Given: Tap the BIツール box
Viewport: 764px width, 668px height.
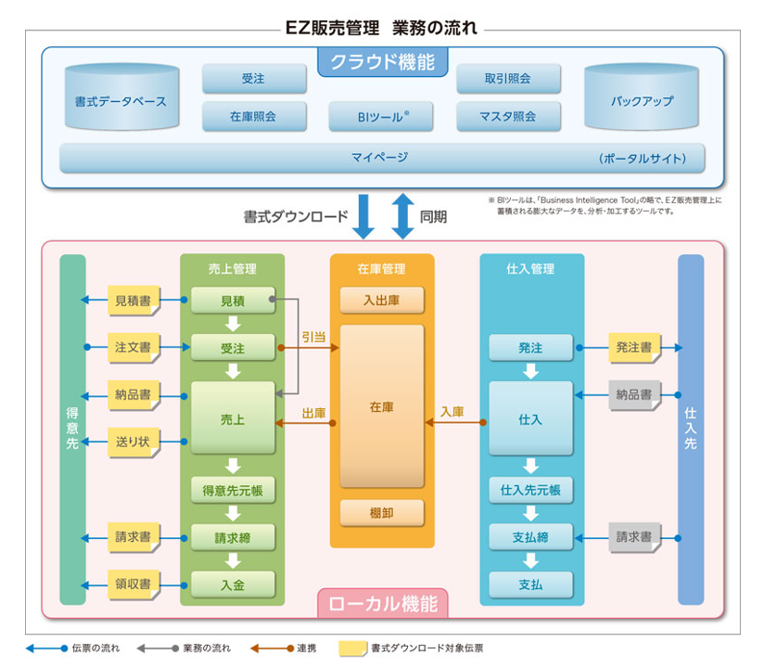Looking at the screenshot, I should [x=381, y=117].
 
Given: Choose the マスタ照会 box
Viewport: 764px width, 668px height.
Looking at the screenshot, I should [x=507, y=117].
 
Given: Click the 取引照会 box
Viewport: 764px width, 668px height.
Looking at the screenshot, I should [x=507, y=79].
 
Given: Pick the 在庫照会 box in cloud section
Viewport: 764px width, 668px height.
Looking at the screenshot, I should [x=253, y=117].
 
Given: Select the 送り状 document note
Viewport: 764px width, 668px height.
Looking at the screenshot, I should [x=133, y=441].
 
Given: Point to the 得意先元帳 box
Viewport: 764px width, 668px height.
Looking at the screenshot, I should [x=233, y=489].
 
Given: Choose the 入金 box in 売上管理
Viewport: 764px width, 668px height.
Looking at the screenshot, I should [x=233, y=584].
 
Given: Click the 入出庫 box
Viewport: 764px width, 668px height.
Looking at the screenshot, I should [x=381, y=301].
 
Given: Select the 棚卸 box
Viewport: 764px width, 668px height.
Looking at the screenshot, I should [x=381, y=512].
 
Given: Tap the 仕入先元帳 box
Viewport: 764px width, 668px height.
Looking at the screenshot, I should [x=530, y=489].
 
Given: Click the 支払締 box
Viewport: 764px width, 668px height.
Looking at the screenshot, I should [x=530, y=537].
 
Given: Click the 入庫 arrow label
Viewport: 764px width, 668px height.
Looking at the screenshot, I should [x=452, y=411].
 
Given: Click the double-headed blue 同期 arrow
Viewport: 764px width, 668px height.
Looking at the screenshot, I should [x=401, y=216].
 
